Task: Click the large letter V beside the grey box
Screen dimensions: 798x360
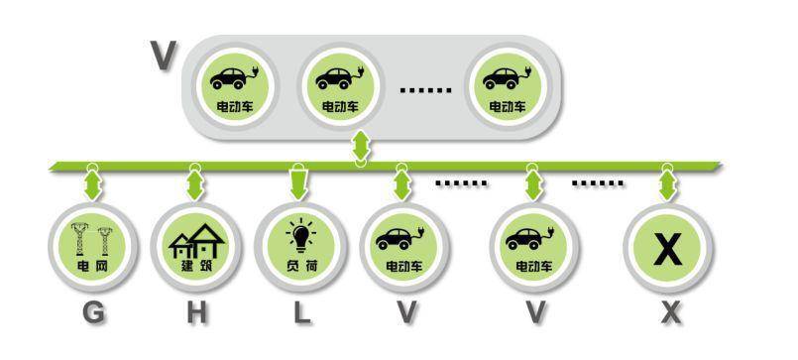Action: [x=164, y=56]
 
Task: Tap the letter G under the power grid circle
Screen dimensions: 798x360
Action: [x=93, y=312]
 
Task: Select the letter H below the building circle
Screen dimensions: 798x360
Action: [x=197, y=312]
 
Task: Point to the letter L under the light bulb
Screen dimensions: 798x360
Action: [x=301, y=312]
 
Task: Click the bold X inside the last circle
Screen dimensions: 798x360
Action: [x=668, y=248]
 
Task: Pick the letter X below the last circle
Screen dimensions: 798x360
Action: [x=671, y=312]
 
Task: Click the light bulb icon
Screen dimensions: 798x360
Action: [x=301, y=236]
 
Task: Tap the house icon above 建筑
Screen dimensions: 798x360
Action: [x=197, y=241]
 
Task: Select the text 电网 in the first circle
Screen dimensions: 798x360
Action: [x=93, y=266]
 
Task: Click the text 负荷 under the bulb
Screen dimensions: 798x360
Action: [x=301, y=266]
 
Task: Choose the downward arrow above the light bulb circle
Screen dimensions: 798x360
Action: [x=298, y=182]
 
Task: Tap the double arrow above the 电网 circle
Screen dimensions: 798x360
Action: [x=92, y=185]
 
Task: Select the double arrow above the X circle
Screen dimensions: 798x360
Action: [x=667, y=185]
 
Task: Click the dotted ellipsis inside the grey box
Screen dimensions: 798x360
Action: [x=425, y=90]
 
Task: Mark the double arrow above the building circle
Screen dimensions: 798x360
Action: [x=195, y=185]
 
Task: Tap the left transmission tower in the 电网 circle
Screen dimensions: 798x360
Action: [x=80, y=238]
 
